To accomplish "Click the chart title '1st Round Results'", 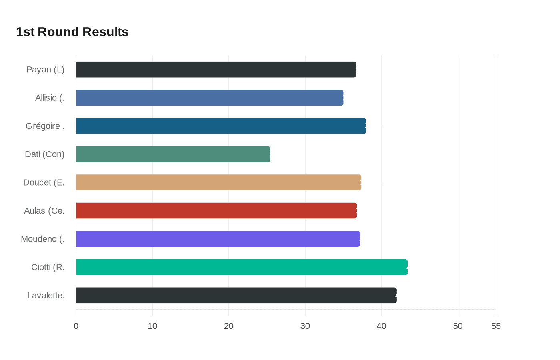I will click(72, 32).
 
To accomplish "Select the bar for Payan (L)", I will click(216, 70).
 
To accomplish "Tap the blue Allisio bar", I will click(210, 98).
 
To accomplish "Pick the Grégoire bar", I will click(221, 126).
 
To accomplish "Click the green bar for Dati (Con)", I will click(173, 154).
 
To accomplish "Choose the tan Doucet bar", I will click(218, 182).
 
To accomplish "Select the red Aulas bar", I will click(216, 210).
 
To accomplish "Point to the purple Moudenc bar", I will click(218, 239).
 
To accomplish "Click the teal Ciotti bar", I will click(242, 267).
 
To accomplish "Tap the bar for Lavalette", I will click(236, 295).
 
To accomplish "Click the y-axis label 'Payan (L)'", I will click(45, 70).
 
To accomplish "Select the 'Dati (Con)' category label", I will click(44, 154).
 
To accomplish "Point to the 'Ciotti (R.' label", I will click(48, 267).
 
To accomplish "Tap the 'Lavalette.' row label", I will click(46, 295).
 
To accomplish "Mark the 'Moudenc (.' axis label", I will click(43, 239).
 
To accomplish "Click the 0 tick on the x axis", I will click(76, 326).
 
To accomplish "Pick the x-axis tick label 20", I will click(229, 326).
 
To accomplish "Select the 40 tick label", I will click(382, 326).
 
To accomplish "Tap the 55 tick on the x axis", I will click(496, 326).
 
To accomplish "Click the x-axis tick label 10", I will click(152, 326).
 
